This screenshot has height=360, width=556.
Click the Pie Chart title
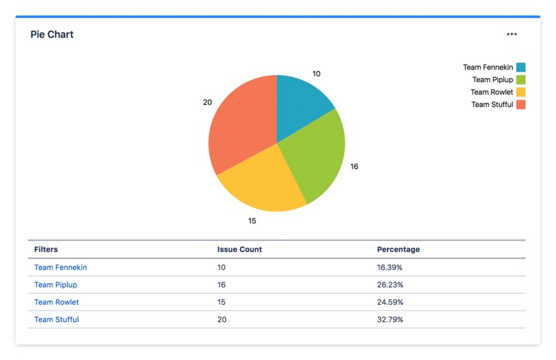click(x=52, y=34)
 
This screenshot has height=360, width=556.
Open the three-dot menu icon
click(x=511, y=34)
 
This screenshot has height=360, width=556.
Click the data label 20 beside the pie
click(x=207, y=102)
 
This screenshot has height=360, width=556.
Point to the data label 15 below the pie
click(x=252, y=221)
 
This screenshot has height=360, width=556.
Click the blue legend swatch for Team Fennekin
click(x=521, y=68)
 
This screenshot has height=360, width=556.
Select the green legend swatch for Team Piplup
click(x=521, y=80)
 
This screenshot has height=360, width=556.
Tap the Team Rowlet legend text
click(x=491, y=92)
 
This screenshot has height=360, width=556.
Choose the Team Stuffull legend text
click(x=492, y=105)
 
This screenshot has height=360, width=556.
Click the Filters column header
click(x=46, y=250)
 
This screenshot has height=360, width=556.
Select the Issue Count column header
click(x=239, y=250)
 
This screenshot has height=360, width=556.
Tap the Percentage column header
click(x=398, y=250)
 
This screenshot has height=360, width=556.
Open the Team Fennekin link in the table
click(x=61, y=268)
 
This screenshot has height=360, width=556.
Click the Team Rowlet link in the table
click(x=57, y=302)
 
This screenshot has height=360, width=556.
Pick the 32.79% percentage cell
click(x=390, y=320)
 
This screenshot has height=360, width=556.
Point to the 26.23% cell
click(x=390, y=285)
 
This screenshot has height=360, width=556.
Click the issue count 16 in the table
click(x=221, y=285)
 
